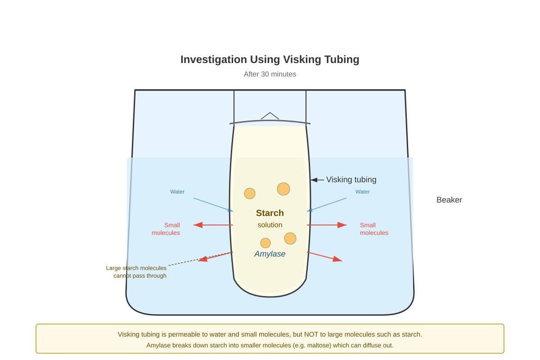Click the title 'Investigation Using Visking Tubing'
click(x=270, y=59)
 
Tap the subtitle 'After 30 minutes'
click(x=270, y=74)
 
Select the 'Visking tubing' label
click(x=351, y=180)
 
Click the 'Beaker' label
click(x=449, y=200)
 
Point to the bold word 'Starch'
click(x=270, y=213)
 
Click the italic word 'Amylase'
click(x=270, y=254)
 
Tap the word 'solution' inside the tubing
click(x=270, y=225)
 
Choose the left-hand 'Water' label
click(x=177, y=192)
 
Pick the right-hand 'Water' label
click(x=362, y=192)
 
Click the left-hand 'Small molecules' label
click(x=166, y=229)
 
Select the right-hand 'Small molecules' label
click(x=374, y=229)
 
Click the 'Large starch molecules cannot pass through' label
click(x=136, y=272)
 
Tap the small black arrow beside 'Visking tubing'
click(x=317, y=180)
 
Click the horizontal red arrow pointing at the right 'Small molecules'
click(x=327, y=225)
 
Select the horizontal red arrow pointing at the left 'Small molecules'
click(x=213, y=225)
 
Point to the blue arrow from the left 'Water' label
click(x=213, y=205)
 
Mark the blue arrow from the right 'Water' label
click(x=327, y=205)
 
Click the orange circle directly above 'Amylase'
click(x=265, y=243)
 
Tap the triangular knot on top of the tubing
click(x=270, y=116)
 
